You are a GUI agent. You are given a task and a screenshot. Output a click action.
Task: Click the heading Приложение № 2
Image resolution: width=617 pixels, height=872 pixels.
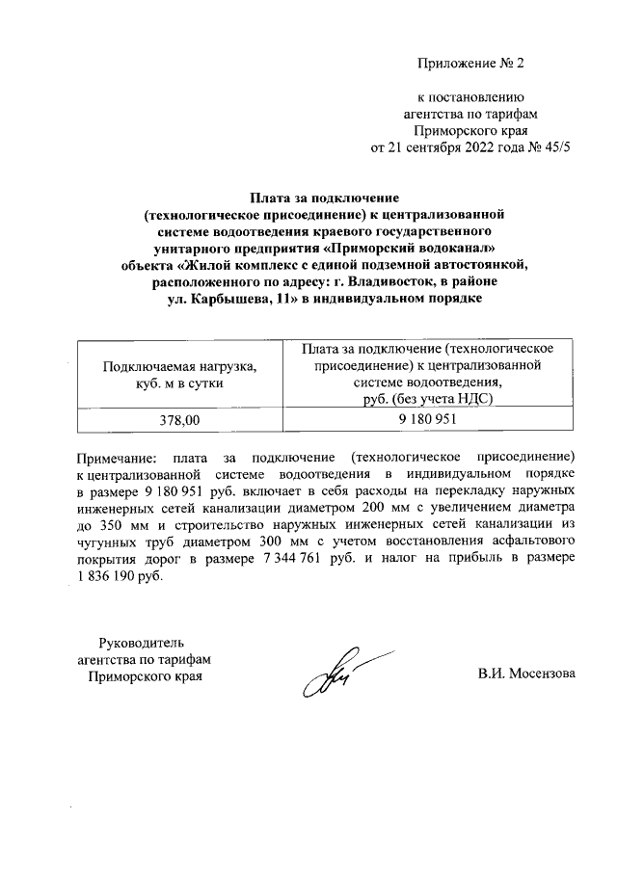pos(470,66)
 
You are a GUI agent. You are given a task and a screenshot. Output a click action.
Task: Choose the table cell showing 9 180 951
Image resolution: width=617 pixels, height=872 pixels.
pos(426,420)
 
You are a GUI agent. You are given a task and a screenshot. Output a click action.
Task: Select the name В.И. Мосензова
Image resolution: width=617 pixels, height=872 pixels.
pos(526,674)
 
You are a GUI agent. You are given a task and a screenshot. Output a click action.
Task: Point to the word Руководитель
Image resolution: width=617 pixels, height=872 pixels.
pos(143,643)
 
